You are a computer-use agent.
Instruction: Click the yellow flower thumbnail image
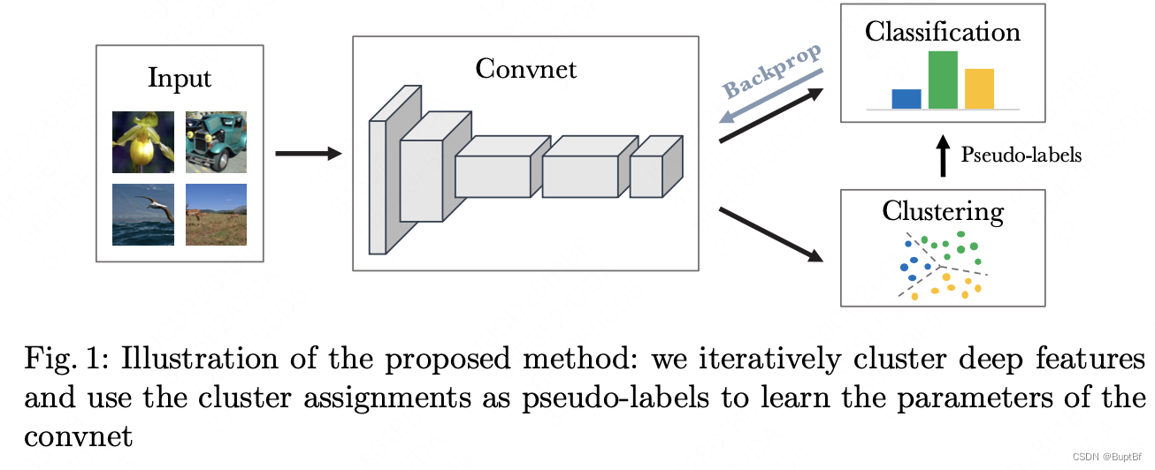[142, 141]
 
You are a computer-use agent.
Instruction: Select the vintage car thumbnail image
[216, 141]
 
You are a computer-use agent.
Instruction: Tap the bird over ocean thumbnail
[142, 214]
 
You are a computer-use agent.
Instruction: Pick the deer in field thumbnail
[216, 214]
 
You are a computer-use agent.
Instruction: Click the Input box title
[180, 78]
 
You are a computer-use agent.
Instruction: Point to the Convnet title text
[525, 68]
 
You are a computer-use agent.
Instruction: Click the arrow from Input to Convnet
[308, 154]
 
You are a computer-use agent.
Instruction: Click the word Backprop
[771, 71]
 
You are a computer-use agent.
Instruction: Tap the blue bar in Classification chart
[906, 99]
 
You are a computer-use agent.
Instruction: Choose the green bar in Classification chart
[943, 80]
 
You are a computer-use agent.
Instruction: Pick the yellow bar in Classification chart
[979, 88]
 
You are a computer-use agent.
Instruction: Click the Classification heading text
[943, 33]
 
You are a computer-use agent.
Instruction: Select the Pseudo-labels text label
[1021, 155]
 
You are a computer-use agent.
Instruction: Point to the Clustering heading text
[943, 212]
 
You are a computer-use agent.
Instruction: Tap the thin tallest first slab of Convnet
[378, 186]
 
